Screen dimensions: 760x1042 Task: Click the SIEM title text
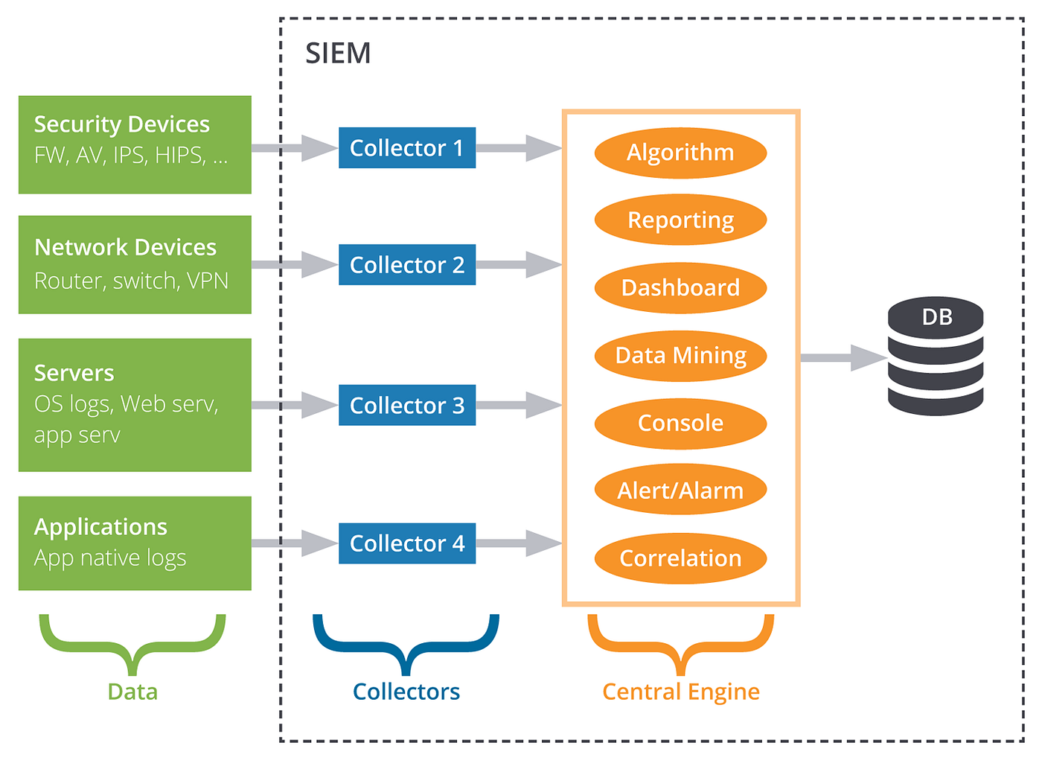pyautogui.click(x=338, y=54)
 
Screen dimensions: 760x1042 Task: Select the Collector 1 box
pyautogui.click(x=406, y=148)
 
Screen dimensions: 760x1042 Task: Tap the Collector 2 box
pyautogui.click(x=406, y=265)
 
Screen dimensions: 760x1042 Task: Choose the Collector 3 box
pyautogui.click(x=406, y=406)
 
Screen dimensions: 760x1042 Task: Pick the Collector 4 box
pyautogui.click(x=406, y=543)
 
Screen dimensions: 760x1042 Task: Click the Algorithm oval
pyautogui.click(x=680, y=153)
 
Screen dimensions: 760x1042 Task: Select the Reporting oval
pyautogui.click(x=680, y=220)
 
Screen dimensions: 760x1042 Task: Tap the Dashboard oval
pyautogui.click(x=680, y=288)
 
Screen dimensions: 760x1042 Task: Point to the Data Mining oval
pyautogui.click(x=680, y=356)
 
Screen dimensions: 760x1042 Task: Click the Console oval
pyautogui.click(x=680, y=424)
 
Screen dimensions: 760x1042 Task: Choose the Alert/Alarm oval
pyautogui.click(x=680, y=491)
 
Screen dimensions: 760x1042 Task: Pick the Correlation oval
pyautogui.click(x=680, y=558)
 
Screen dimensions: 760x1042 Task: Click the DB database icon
pyautogui.click(x=936, y=357)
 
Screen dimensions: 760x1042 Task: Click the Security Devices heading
pyautogui.click(x=122, y=124)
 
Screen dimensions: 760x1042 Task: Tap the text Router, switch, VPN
pyautogui.click(x=131, y=281)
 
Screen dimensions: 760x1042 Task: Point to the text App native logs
pyautogui.click(x=110, y=558)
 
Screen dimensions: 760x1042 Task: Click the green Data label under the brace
pyautogui.click(x=132, y=692)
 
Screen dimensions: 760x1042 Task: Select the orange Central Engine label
pyautogui.click(x=680, y=692)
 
